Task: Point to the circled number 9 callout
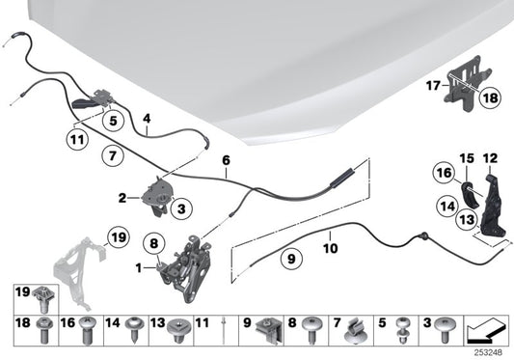pyautogui.click(x=288, y=259)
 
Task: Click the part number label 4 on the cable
pyautogui.click(x=146, y=122)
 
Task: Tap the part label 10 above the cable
pyautogui.click(x=330, y=247)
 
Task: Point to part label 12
pyautogui.click(x=490, y=158)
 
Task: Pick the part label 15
pyautogui.click(x=468, y=158)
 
